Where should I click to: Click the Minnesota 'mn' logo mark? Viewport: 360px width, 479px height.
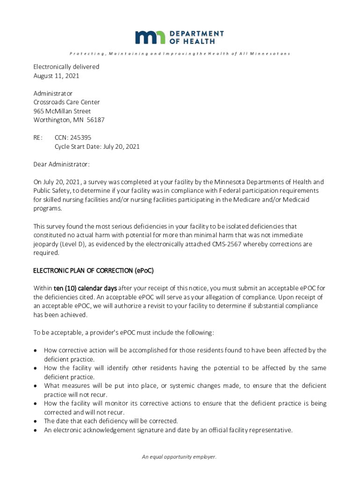[x=150, y=37]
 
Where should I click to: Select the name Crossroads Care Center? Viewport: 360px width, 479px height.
[x=66, y=102]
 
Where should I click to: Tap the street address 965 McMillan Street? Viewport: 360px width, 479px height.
[x=62, y=111]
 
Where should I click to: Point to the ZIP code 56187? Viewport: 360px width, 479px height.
[x=95, y=120]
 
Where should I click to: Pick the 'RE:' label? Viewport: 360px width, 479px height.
[x=38, y=138]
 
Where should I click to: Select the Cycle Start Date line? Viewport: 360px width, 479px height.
[x=97, y=147]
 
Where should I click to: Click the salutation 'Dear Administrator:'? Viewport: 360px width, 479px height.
[x=61, y=165]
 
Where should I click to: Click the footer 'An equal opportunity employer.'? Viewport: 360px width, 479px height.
[x=180, y=457]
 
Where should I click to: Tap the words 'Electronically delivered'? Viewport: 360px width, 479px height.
[x=66, y=67]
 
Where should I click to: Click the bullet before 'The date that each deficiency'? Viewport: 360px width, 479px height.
[x=36, y=421]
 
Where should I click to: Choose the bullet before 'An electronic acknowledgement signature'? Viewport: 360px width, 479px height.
[x=36, y=430]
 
